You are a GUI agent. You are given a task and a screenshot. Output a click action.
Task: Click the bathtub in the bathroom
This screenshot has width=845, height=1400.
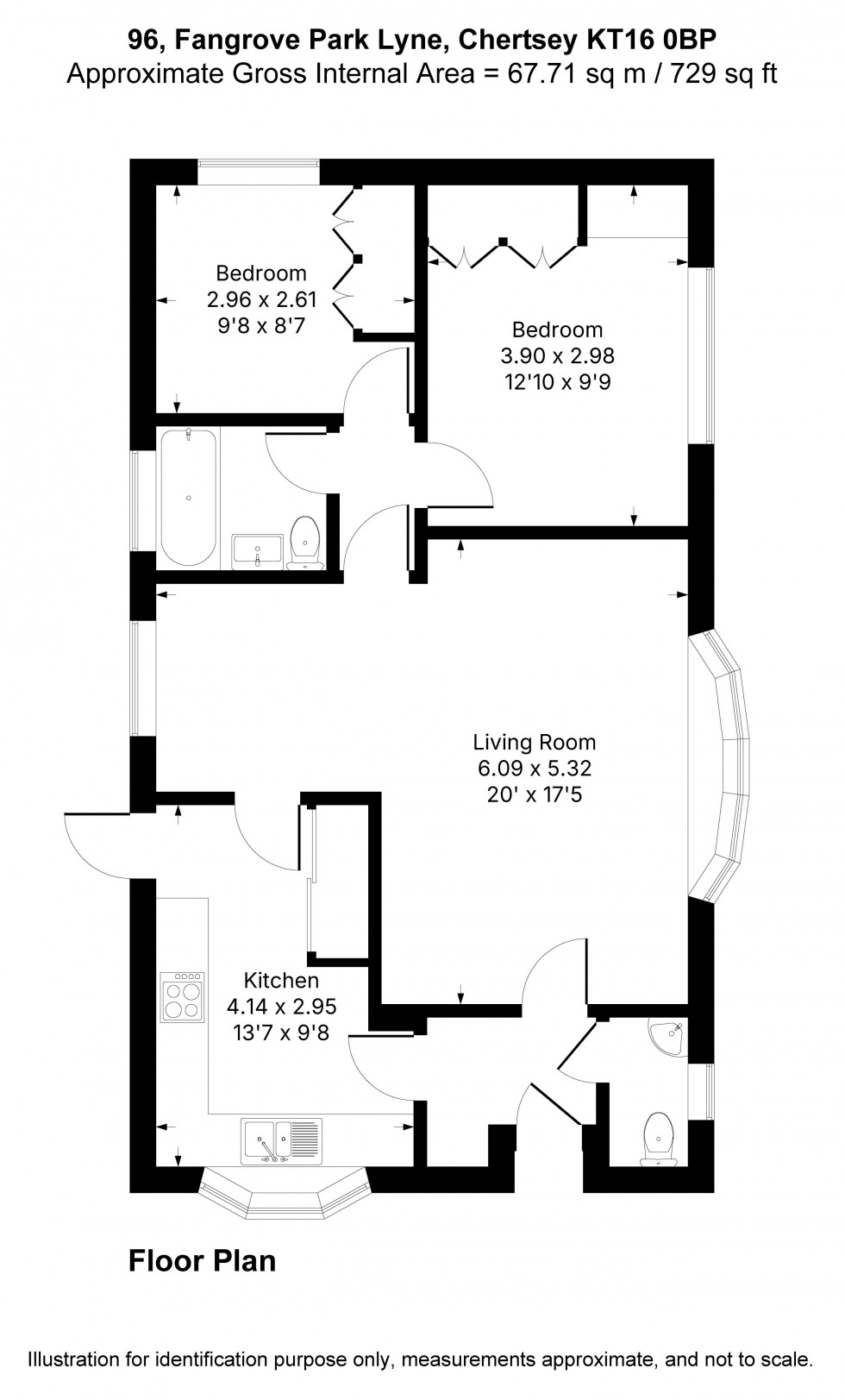pyautogui.click(x=188, y=498)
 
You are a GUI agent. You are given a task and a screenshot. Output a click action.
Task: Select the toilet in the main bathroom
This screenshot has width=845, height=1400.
pyautogui.click(x=304, y=543)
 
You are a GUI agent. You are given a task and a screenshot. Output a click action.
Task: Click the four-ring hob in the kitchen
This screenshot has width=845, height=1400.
pyautogui.click(x=183, y=997)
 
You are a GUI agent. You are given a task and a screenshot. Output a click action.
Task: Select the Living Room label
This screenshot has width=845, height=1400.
pyautogui.click(x=534, y=742)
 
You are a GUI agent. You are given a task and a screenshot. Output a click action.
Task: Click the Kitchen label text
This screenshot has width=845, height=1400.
pyautogui.click(x=281, y=980)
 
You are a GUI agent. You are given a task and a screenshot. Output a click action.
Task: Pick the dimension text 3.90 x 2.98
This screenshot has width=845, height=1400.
pyautogui.click(x=557, y=355)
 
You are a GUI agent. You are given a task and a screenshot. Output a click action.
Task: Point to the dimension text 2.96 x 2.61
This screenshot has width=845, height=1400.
pyautogui.click(x=261, y=299)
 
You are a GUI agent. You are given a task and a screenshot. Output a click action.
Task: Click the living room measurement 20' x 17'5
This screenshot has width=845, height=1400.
pyautogui.click(x=534, y=794)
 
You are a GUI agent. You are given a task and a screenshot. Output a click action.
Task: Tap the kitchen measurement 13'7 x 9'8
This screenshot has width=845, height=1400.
pyautogui.click(x=281, y=1032)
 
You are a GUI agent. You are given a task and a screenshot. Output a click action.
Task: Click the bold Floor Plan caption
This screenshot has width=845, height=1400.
pyautogui.click(x=202, y=1260)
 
